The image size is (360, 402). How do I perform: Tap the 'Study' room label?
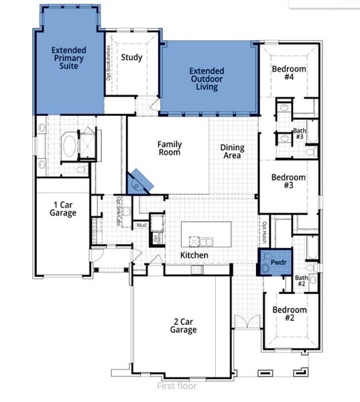[131, 57]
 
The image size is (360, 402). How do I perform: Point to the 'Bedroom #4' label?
[289, 73]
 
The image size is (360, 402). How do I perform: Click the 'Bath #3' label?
[299, 133]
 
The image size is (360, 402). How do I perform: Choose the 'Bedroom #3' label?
[288, 182]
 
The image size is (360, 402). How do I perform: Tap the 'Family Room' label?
[170, 148]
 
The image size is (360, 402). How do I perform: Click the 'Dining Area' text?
[232, 151]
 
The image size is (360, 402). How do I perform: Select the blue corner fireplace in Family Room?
[141, 180]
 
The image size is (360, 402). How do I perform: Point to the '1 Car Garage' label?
[64, 208]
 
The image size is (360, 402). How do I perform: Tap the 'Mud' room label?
[141, 226]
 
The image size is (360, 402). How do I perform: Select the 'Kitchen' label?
[194, 256]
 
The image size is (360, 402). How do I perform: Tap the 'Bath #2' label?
[302, 280]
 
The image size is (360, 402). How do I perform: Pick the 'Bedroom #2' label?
[289, 314]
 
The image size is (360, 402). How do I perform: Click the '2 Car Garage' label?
[183, 326]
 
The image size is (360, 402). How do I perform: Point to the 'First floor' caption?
[179, 386]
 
